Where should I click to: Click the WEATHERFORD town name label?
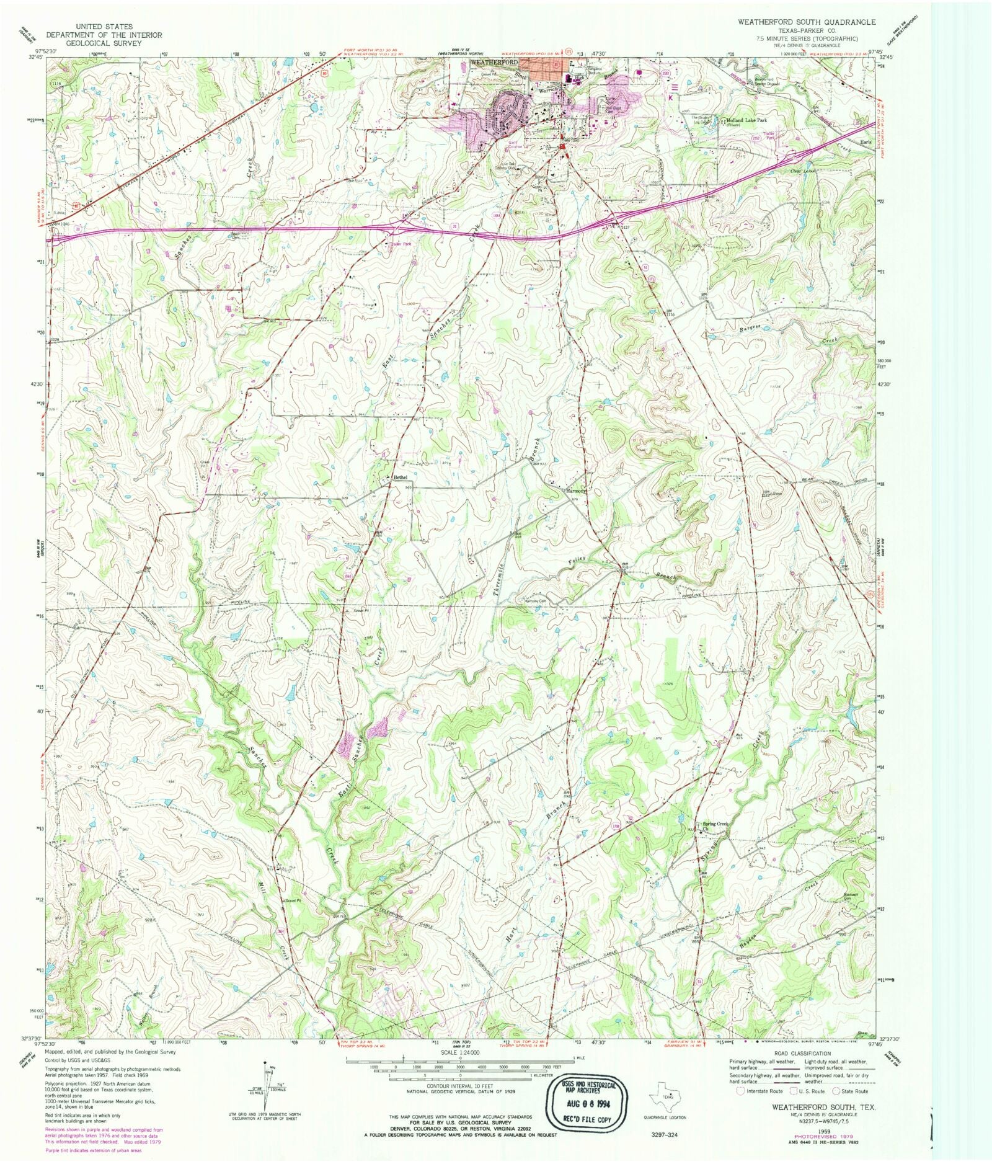point(494,63)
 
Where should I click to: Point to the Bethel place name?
point(401,477)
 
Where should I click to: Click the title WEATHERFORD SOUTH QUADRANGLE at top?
point(806,22)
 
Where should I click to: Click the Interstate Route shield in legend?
point(739,1091)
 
